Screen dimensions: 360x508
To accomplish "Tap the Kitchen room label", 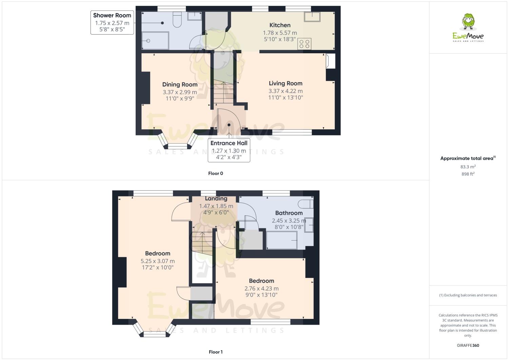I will (280, 25).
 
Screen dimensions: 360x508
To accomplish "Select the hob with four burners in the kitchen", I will (304, 44).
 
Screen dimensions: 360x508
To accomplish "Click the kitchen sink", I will (312, 17).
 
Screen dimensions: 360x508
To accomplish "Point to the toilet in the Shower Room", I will (177, 20).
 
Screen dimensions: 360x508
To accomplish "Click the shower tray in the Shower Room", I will (155, 41).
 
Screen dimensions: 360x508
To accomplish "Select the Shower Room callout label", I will (112, 15).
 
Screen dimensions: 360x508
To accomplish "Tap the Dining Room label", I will (180, 84).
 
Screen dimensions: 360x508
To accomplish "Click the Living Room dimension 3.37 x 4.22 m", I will (286, 91).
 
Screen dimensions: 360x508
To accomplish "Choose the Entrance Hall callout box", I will (229, 150).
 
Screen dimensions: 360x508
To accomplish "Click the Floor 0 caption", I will (215, 173).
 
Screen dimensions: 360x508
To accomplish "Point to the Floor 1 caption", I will (215, 352).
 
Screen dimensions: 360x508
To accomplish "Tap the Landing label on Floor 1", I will (216, 198).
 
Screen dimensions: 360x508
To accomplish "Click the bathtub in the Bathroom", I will (281, 240).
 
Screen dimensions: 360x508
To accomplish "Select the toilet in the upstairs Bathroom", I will (306, 204).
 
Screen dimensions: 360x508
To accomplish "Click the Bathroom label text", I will (289, 213).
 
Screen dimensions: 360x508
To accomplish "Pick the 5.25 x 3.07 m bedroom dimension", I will (158, 261).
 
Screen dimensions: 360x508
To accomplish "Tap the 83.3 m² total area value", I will (468, 167).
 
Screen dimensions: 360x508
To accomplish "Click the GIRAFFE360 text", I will (468, 345).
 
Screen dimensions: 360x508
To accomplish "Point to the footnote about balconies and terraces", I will (468, 295).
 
